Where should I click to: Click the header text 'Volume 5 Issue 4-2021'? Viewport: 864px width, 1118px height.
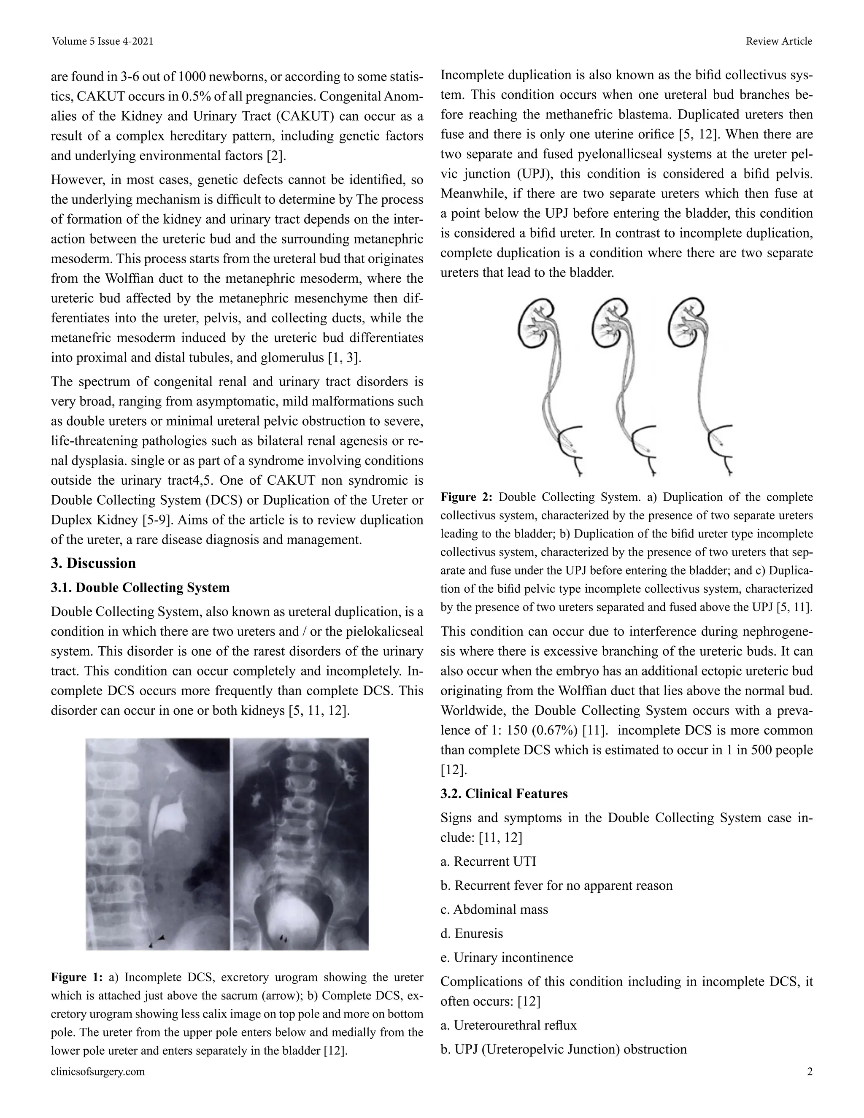click(103, 41)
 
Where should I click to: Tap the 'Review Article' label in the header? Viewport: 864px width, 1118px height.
click(778, 41)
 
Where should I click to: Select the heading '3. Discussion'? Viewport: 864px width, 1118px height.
click(93, 563)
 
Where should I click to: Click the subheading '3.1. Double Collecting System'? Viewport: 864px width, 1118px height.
click(140, 587)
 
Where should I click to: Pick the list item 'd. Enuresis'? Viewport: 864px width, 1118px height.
click(471, 933)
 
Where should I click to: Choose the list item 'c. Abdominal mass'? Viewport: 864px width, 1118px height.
click(494, 909)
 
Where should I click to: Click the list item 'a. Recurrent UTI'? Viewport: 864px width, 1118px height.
click(488, 861)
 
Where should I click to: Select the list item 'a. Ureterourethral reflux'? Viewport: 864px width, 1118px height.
click(508, 1025)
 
